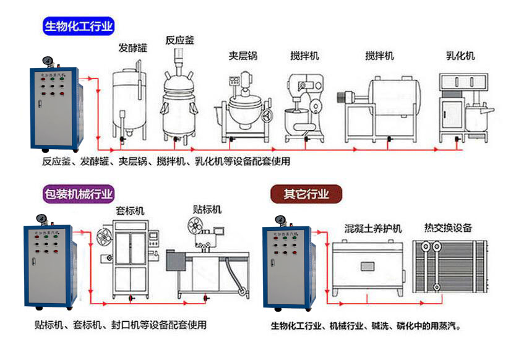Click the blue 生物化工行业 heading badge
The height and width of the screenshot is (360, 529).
(x=79, y=27)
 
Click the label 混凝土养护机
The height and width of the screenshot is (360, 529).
(x=373, y=228)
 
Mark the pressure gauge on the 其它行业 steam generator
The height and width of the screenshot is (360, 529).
(x=278, y=218)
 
